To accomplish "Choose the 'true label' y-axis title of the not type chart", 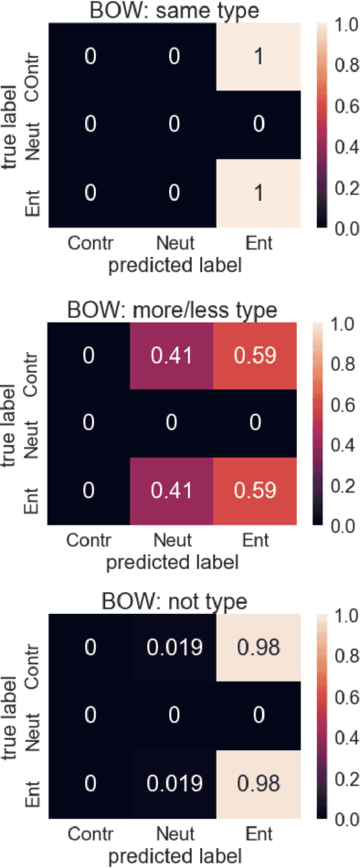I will [x=12, y=717].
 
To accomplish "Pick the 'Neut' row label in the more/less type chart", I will [x=33, y=423].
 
